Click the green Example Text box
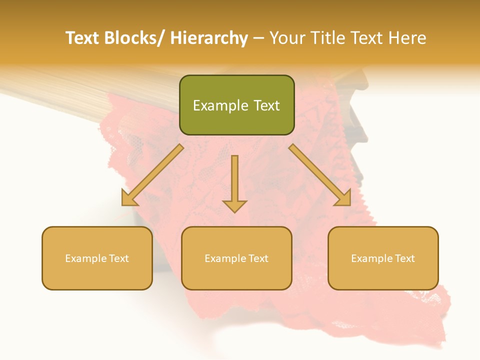coord(236,105)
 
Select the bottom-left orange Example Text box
coord(97,258)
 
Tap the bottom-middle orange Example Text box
coord(236,258)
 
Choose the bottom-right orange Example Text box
coord(383,258)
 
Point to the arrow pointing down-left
coord(152,175)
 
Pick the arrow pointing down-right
coord(320,175)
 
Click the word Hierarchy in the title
coord(209,38)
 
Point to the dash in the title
coord(258,38)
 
